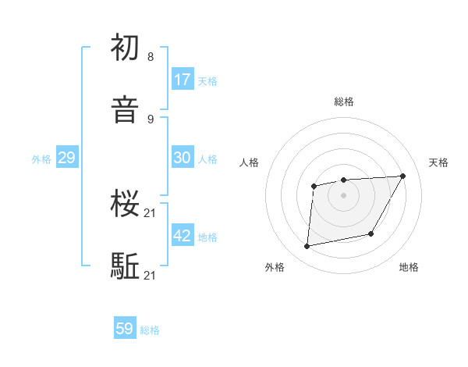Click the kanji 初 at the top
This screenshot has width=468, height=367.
pos(125,48)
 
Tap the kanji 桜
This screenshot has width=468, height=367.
pos(125,204)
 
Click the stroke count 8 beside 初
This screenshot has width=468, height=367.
pos(151,56)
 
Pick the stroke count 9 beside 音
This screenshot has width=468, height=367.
pos(151,119)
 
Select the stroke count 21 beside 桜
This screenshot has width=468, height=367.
pos(151,212)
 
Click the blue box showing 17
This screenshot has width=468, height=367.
pos(183,79)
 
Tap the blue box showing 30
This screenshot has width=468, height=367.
pos(183,157)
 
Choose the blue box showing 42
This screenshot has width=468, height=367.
pos(183,236)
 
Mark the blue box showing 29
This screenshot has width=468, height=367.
pos(66,158)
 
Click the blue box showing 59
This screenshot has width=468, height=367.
pos(125,329)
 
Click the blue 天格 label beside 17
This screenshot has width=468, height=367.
pos(207,80)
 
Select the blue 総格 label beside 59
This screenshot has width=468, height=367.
pos(150,330)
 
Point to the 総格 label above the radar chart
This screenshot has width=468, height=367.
pos(344,102)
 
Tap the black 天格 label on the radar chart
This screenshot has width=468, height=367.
pos(438,162)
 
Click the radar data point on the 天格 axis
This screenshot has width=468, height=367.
pos(402,176)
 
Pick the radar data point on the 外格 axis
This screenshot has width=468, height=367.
pos(307,247)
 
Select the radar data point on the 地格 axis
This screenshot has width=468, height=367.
pos(371,233)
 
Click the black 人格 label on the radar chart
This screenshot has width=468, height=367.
pos(250,162)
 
